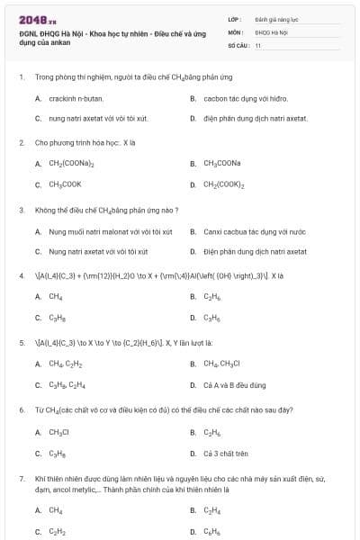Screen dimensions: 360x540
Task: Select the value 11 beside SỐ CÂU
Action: (258, 44)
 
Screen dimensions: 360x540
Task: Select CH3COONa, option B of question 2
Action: (221, 163)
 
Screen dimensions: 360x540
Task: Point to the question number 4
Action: (22, 275)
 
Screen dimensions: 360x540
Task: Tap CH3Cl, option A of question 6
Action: (59, 431)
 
